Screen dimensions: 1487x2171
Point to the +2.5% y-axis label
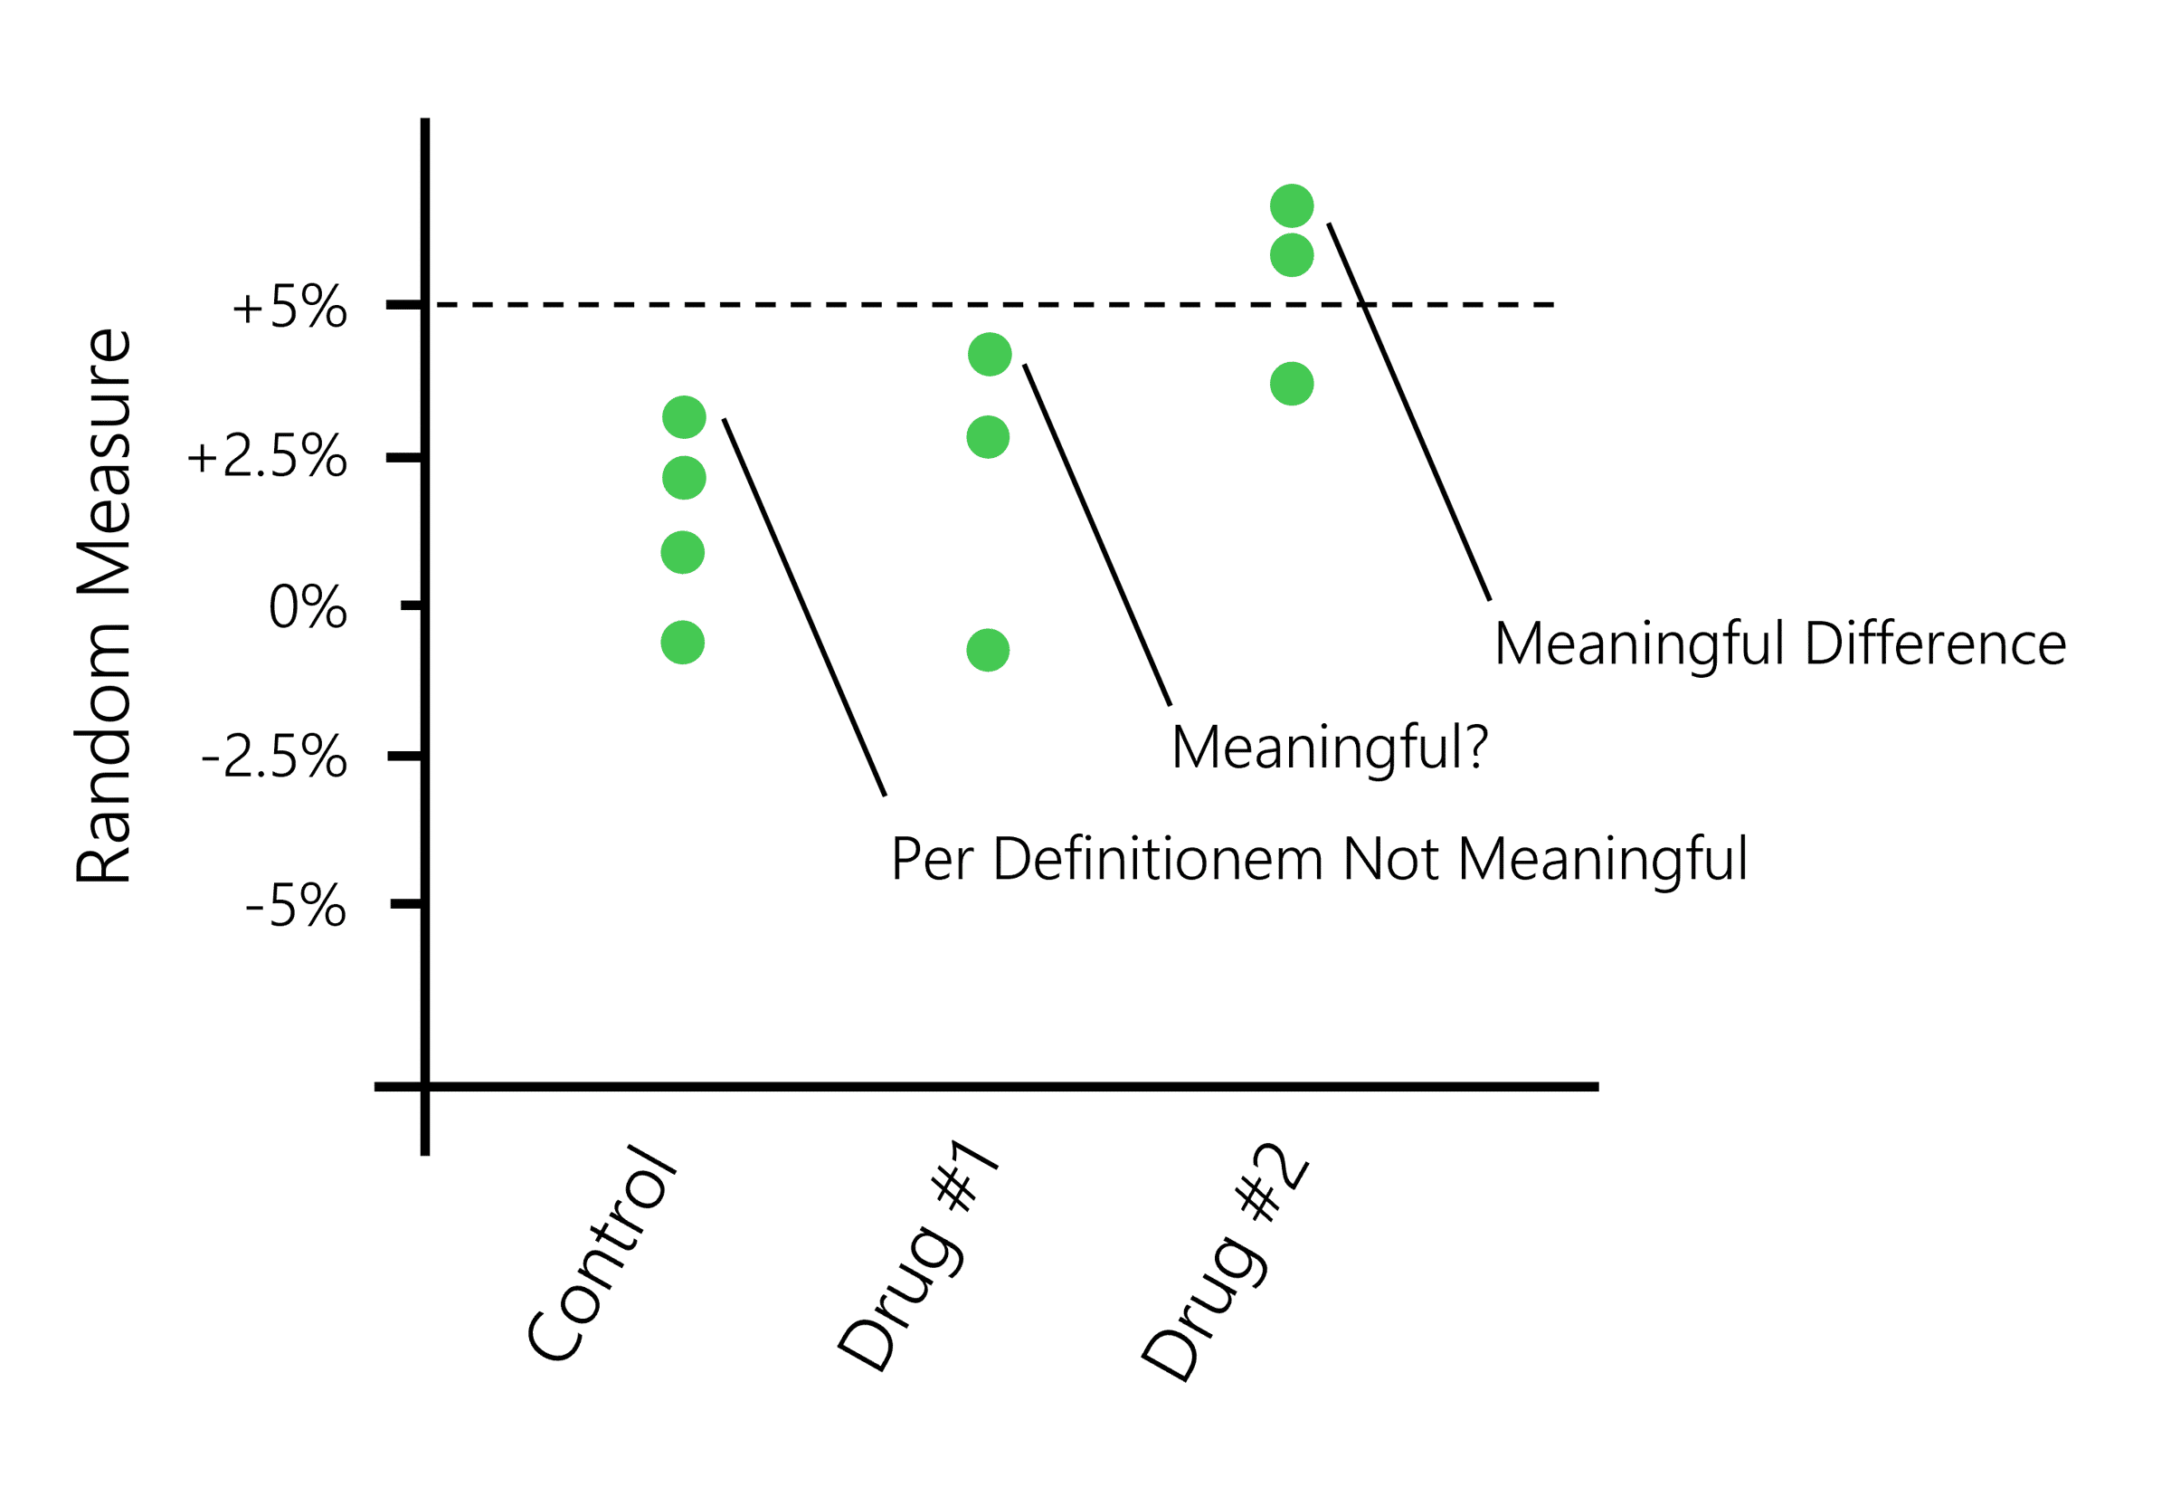click(x=267, y=458)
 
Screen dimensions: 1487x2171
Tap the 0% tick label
click(x=308, y=607)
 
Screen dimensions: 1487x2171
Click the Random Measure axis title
click(x=105, y=605)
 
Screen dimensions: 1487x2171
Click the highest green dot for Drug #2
click(x=1292, y=205)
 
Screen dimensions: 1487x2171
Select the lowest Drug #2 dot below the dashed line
click(x=1292, y=384)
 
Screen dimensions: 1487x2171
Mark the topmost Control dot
click(x=684, y=417)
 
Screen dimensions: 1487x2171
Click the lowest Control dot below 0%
click(x=683, y=643)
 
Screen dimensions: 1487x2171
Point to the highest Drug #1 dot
click(x=991, y=354)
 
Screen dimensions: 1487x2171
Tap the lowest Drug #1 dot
click(x=989, y=651)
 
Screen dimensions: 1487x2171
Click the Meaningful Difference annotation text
click(x=1779, y=645)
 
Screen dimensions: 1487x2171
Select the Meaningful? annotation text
click(x=1330, y=748)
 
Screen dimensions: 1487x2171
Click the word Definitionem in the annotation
click(x=1158, y=859)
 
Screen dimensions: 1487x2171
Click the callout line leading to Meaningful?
click(x=1097, y=535)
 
